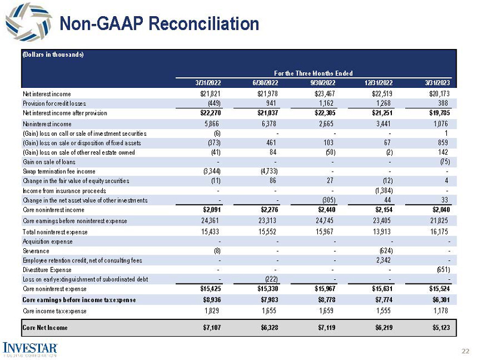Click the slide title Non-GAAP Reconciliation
click(x=160, y=24)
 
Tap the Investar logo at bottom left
click(x=30, y=348)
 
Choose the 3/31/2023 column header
click(x=438, y=83)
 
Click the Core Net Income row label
click(x=45, y=327)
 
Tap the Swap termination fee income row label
click(x=60, y=171)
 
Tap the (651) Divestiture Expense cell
click(x=442, y=270)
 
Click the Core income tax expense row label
click(x=54, y=311)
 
